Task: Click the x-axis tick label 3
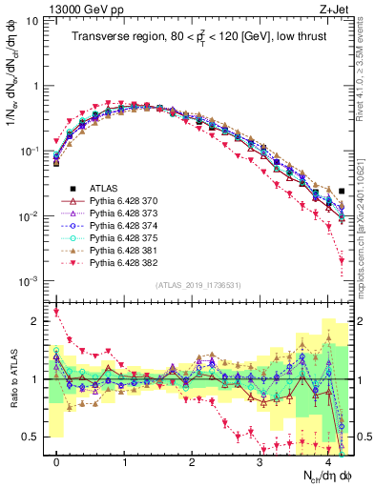point(260,460)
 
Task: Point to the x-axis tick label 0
point(56,460)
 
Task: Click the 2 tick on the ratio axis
point(36,321)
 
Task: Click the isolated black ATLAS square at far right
point(342,192)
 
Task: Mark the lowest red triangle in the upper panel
point(342,274)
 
